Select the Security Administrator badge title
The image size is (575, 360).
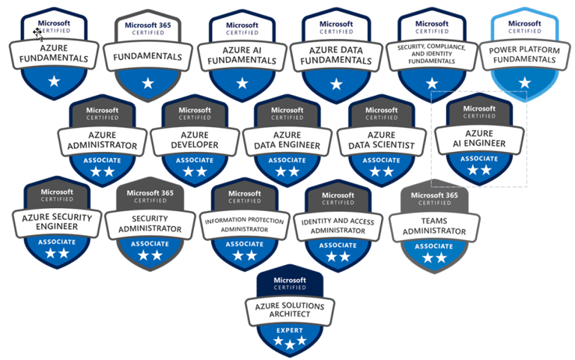click(x=149, y=222)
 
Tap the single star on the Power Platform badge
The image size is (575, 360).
click(x=525, y=82)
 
